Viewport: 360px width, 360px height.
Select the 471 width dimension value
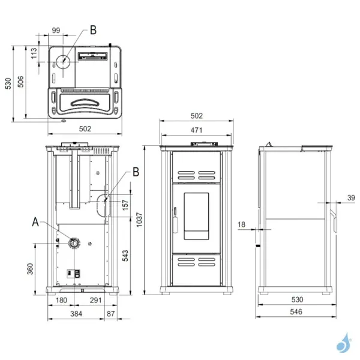(x=196, y=130)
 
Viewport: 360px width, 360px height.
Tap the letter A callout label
(x=35, y=223)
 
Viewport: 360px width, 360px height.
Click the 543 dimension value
(x=125, y=256)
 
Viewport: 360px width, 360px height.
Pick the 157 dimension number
(x=125, y=204)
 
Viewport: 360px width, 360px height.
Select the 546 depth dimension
(x=295, y=312)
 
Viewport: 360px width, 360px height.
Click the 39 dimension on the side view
(x=351, y=197)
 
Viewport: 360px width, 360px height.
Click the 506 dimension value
(x=20, y=83)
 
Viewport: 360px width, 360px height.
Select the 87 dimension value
(x=110, y=313)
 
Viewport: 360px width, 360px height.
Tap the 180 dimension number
(x=61, y=300)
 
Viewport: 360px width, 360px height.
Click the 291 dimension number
(x=94, y=300)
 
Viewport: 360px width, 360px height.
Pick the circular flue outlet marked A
(x=73, y=243)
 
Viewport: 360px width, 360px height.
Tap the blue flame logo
(x=343, y=343)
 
